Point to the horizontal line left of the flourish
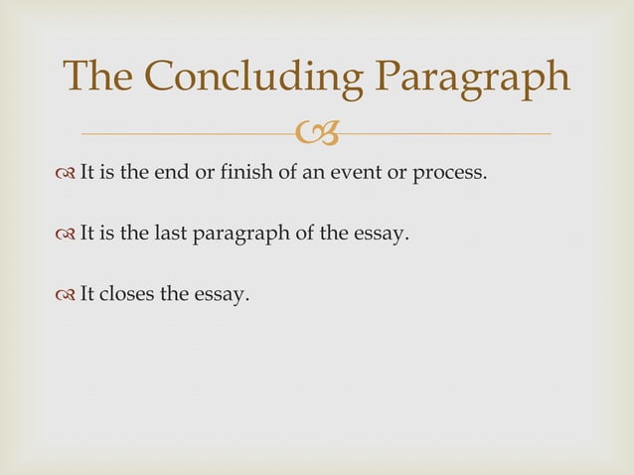point(189,132)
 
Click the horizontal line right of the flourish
point(447,132)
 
